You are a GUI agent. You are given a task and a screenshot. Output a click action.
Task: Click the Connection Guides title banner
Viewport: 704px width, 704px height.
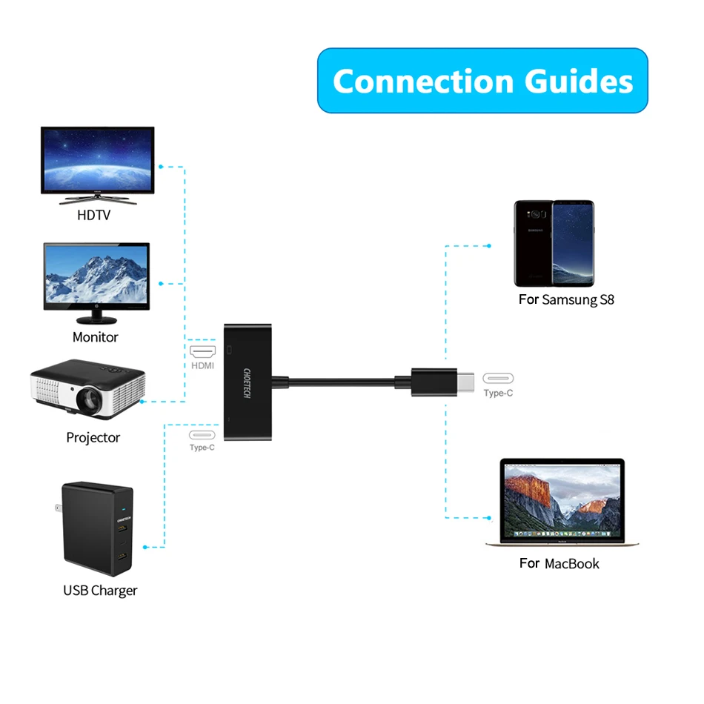[x=482, y=81]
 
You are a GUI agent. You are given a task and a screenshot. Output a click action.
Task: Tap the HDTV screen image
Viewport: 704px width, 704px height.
[x=98, y=162]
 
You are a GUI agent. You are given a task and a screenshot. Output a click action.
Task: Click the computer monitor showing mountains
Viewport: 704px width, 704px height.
[x=96, y=278]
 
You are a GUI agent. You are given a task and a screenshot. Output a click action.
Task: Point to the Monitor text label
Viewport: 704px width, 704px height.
[x=96, y=337]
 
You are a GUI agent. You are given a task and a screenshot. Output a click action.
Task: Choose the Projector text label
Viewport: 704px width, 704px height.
[x=93, y=437]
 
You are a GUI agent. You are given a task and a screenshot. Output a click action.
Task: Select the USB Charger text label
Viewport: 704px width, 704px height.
[x=100, y=591]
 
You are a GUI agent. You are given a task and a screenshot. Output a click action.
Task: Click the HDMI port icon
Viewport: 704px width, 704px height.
[x=202, y=351]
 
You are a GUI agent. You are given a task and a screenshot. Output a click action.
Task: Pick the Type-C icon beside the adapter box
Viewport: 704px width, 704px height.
[x=202, y=435]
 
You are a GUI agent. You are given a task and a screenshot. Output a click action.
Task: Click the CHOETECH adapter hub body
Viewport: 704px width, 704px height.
[x=249, y=383]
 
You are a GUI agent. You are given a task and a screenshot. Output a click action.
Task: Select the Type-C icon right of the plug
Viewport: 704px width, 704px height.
[x=498, y=378]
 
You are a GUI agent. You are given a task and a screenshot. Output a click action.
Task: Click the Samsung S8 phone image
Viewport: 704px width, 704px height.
[x=554, y=243]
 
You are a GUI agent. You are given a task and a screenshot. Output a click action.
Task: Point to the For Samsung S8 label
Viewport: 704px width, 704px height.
[x=566, y=300]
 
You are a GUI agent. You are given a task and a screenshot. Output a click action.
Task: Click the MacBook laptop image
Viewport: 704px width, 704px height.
[x=562, y=502]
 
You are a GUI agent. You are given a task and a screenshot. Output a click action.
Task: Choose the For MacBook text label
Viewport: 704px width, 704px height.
[x=559, y=563]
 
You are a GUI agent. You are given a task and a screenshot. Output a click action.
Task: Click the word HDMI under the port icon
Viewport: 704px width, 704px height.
[x=202, y=366]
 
